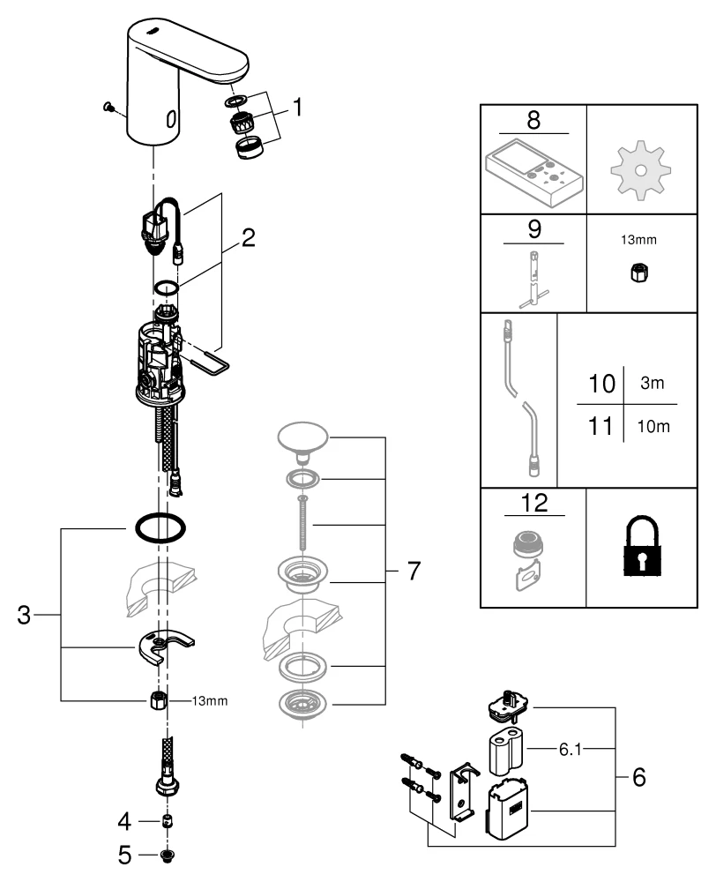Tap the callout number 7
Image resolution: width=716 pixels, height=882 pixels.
coord(412,572)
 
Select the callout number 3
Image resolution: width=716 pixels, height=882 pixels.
coord(26,616)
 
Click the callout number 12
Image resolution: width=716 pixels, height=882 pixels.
coord(533,503)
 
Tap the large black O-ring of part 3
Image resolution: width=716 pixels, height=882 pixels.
coord(160,528)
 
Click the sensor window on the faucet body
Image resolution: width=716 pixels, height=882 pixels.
coord(170,117)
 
